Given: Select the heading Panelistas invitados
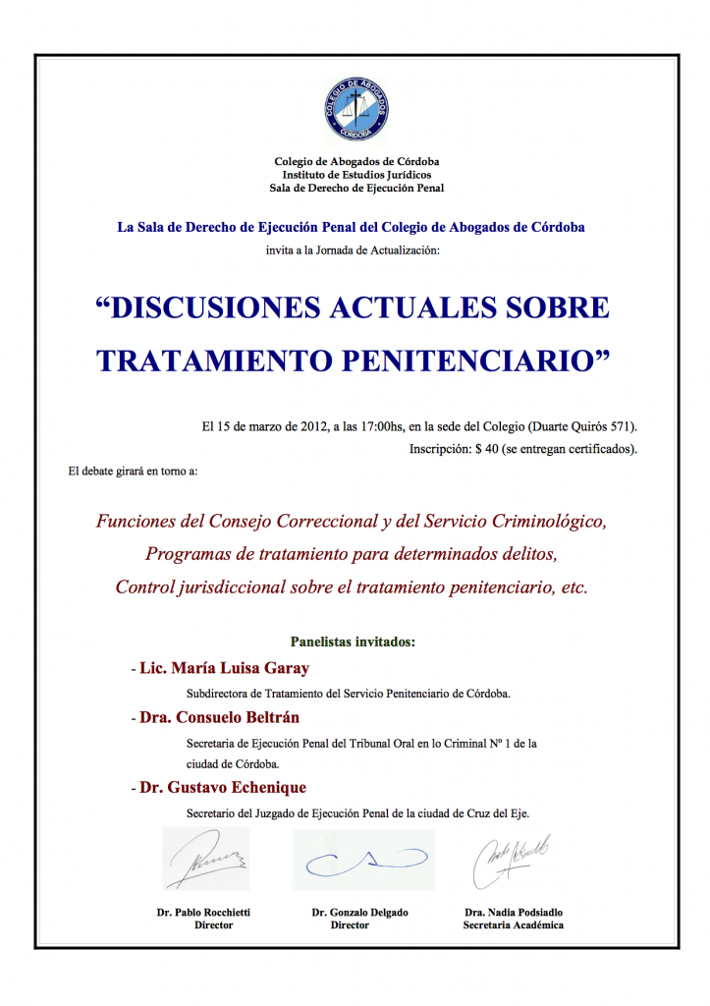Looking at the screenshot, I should click(x=354, y=642).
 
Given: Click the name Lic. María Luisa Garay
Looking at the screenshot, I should click(x=224, y=668).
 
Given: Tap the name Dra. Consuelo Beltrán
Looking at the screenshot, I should click(x=219, y=717).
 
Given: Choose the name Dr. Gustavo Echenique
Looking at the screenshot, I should click(x=222, y=787).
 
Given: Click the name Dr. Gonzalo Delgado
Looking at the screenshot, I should click(x=359, y=913).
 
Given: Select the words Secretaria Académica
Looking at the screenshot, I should click(x=514, y=925).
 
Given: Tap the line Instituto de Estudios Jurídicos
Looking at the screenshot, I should click(x=355, y=174).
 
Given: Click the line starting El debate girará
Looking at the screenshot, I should click(x=133, y=472).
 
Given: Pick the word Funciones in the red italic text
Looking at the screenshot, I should click(x=136, y=521).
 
